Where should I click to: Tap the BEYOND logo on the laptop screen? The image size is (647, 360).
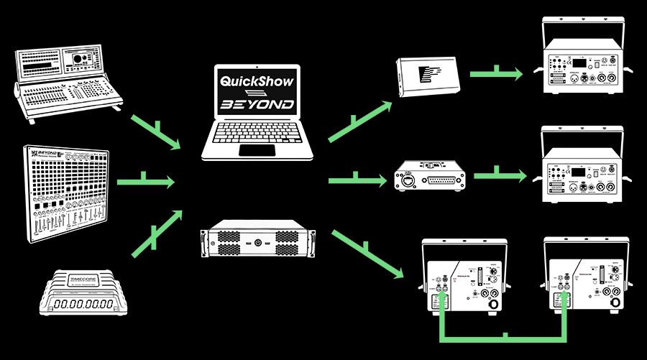pyautogui.click(x=257, y=105)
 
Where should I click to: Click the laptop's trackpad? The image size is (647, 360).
pyautogui.click(x=257, y=150)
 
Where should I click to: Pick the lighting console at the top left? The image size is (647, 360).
pyautogui.click(x=68, y=78)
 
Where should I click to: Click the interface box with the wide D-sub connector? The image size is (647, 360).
pyautogui.click(x=431, y=176)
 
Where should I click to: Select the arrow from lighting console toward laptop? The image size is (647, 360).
pyautogui.click(x=155, y=131)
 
